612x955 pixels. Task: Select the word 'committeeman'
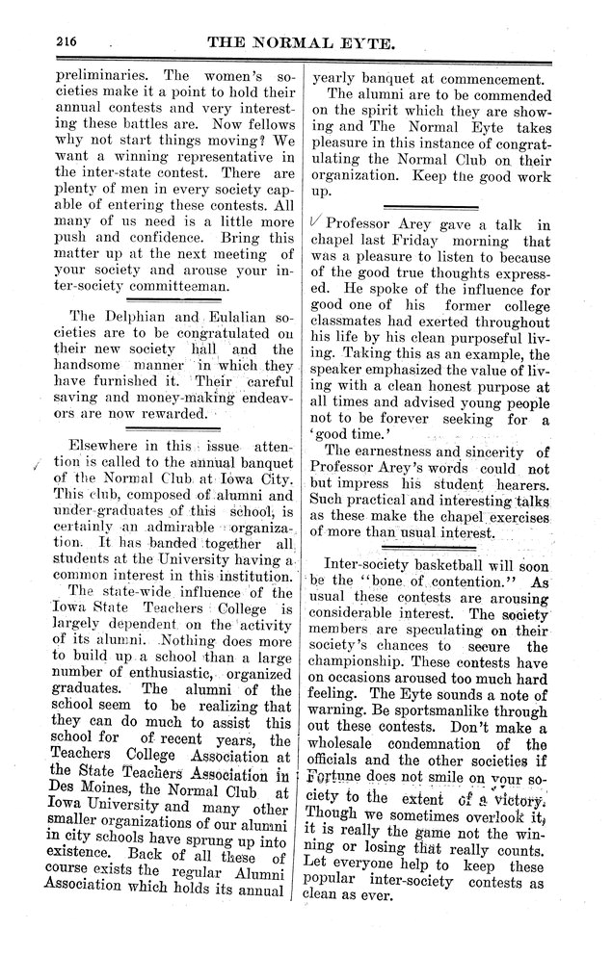tap(170, 286)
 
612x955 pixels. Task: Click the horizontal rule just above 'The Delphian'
tap(168, 301)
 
